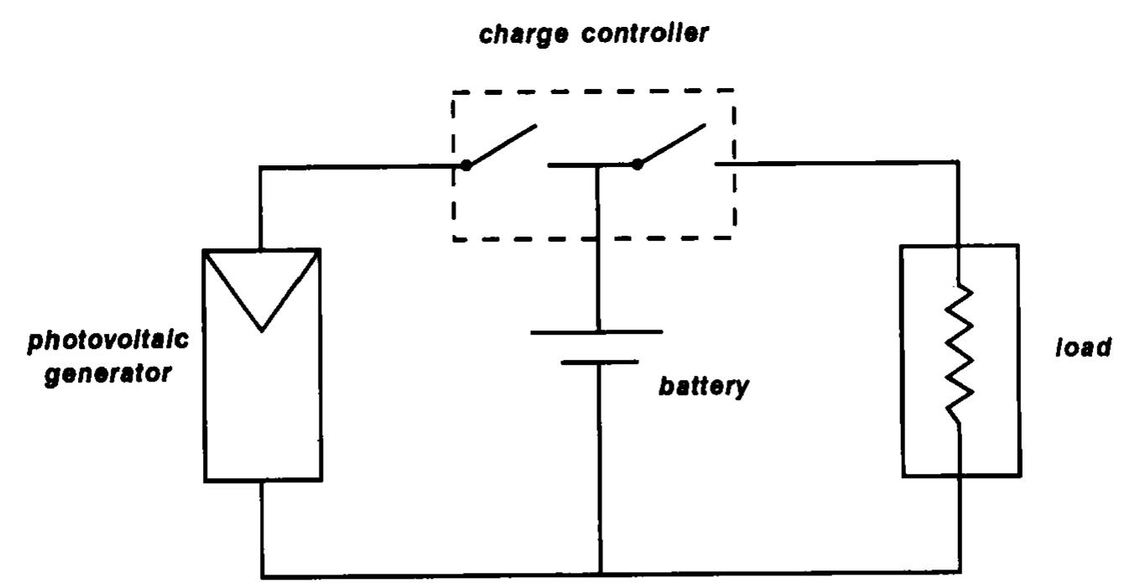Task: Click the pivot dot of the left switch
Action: tap(466, 165)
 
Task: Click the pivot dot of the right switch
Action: tap(638, 164)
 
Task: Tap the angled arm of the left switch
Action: tap(502, 146)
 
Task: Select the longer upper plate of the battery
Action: tap(597, 331)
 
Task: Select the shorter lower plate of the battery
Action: tap(598, 362)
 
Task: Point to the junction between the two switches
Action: tap(597, 165)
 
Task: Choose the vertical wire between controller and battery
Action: tap(597, 252)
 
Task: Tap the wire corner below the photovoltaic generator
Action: tap(263, 575)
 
